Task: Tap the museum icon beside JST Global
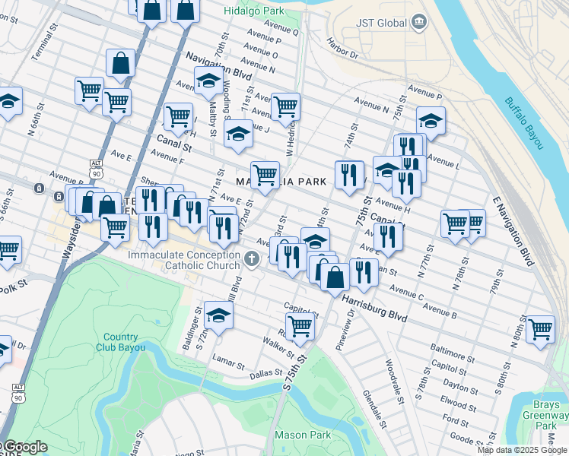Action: coord(418,23)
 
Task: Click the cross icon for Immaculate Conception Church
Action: coord(252,260)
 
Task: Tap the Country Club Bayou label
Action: coord(121,342)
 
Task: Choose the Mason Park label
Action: coord(304,435)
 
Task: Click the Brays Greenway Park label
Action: coord(546,415)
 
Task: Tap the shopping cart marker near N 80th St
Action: coord(540,329)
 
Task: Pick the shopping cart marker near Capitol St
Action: coord(300,325)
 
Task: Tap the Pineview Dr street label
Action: coord(345,332)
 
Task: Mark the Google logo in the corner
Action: coord(24,447)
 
